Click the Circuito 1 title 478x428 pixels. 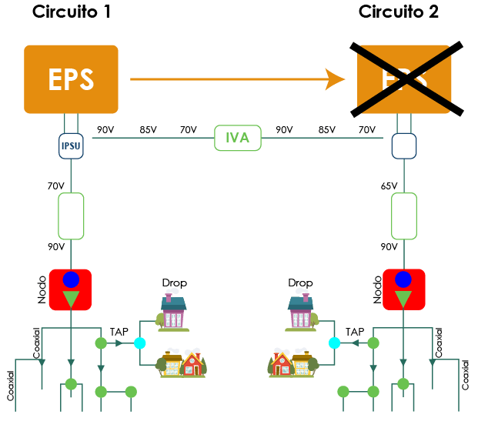point(71,12)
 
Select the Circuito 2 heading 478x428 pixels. point(399,12)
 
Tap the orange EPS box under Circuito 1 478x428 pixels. point(71,79)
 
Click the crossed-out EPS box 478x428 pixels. point(405,79)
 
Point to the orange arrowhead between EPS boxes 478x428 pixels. point(335,79)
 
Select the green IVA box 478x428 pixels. point(238,139)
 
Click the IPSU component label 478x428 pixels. point(71,145)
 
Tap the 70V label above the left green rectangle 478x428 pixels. point(55,186)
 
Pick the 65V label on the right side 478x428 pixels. point(389,186)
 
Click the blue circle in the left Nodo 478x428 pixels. point(71,279)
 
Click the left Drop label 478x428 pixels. point(174,283)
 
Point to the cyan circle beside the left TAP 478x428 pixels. point(139,343)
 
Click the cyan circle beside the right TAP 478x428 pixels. point(334,343)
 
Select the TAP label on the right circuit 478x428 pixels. point(354,332)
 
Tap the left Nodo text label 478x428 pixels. point(42,289)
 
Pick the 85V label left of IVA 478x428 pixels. point(148,130)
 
